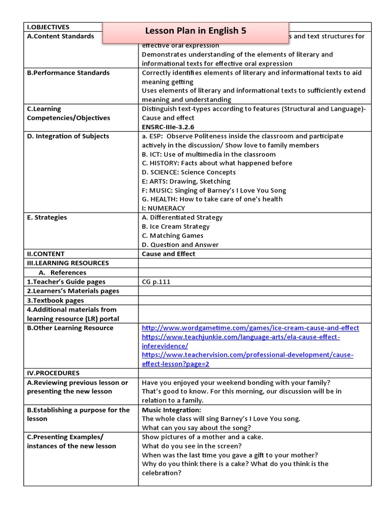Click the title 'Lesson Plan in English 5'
tap(196, 31)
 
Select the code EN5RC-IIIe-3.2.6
tap(168, 127)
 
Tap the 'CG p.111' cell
tap(156, 282)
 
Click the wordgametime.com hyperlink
tap(250, 328)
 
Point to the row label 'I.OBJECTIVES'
tap(48, 27)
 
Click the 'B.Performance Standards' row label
tap(68, 73)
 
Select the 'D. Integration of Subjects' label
tap(68, 136)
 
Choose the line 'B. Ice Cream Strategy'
tap(175, 227)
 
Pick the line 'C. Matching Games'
tap(172, 236)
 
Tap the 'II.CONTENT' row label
tap(45, 254)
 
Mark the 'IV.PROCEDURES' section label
tap(53, 373)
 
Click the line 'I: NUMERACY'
tap(163, 208)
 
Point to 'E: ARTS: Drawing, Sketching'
tap(186, 181)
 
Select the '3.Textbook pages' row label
tap(56, 300)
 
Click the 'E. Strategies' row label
tap(47, 218)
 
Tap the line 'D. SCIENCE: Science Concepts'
tap(188, 172)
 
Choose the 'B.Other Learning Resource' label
tap(70, 328)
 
